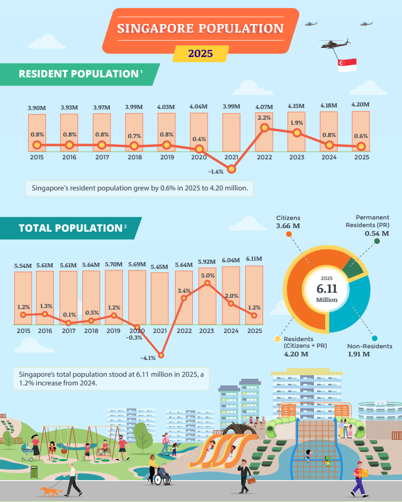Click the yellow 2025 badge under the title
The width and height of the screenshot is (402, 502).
click(x=200, y=53)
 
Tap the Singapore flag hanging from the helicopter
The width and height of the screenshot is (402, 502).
click(x=347, y=65)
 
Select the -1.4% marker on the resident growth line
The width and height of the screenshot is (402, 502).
click(x=232, y=169)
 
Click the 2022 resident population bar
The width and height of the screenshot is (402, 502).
click(x=264, y=131)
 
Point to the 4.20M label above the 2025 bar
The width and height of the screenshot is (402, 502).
click(x=360, y=104)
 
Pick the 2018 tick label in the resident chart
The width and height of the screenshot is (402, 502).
click(x=135, y=157)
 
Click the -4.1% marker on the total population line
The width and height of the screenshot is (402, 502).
click(x=161, y=355)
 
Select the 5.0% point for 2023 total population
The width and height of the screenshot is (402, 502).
click(x=208, y=283)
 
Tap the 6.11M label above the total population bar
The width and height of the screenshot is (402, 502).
click(x=254, y=259)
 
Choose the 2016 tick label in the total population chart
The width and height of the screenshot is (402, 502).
click(x=45, y=331)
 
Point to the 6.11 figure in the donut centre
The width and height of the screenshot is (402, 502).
click(x=327, y=289)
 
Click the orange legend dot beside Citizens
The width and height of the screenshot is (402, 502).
click(x=289, y=234)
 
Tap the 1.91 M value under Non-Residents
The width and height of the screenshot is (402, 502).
click(x=359, y=354)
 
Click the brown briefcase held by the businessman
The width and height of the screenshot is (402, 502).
click(x=251, y=481)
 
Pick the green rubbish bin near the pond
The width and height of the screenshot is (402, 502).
click(x=34, y=472)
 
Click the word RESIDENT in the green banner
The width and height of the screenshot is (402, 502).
click(x=44, y=74)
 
